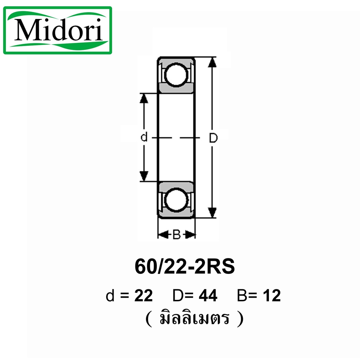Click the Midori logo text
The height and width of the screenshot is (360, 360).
point(59,30)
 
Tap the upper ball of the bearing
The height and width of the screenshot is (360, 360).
point(176,75)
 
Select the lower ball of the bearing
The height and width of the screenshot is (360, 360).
point(176,200)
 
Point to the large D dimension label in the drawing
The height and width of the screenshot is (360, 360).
point(213,138)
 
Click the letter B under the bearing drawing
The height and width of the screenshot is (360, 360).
point(176,234)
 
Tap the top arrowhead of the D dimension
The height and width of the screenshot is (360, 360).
point(212,62)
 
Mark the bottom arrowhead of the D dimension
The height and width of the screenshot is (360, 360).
point(212,213)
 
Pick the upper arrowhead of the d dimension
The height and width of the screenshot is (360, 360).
point(144,98)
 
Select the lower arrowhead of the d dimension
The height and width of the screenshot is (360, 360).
point(144,176)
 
